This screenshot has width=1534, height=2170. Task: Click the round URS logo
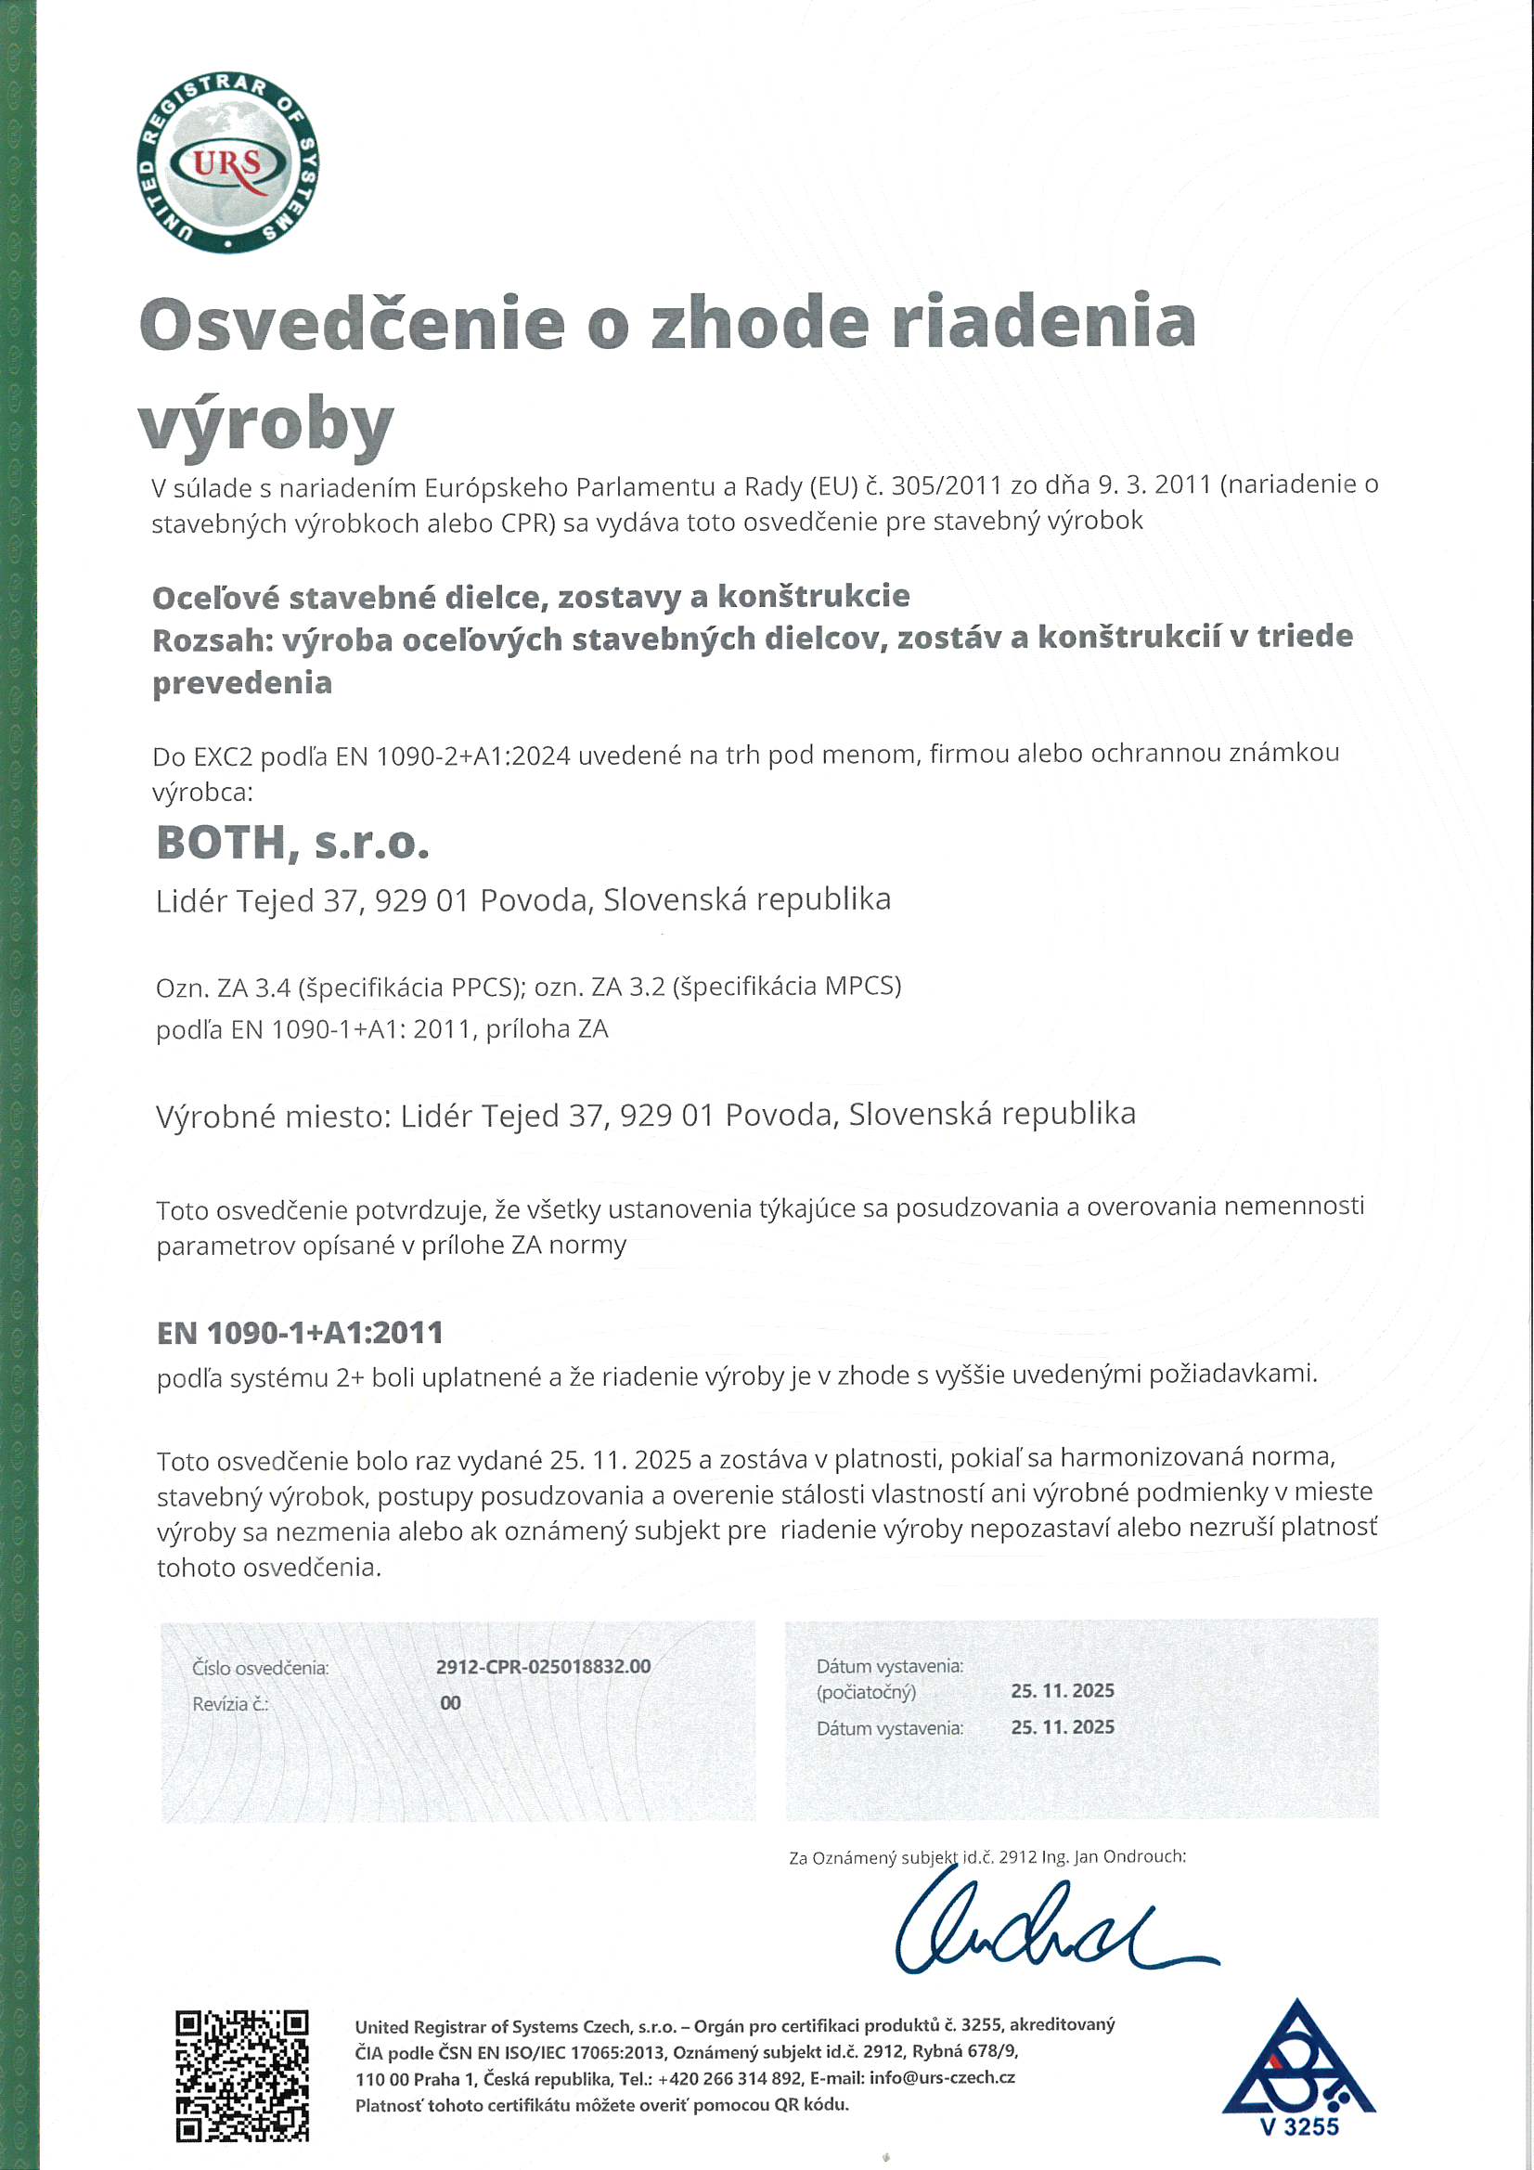coord(226,162)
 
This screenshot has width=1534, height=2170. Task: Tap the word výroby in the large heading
coord(265,424)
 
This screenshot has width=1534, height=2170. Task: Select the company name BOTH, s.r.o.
coord(293,843)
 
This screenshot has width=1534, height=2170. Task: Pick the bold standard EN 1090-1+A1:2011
coord(300,1333)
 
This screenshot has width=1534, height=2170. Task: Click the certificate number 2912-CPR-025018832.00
coord(544,1666)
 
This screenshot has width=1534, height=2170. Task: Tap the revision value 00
coord(451,1703)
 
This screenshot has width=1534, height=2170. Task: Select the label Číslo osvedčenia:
coord(261,1668)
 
